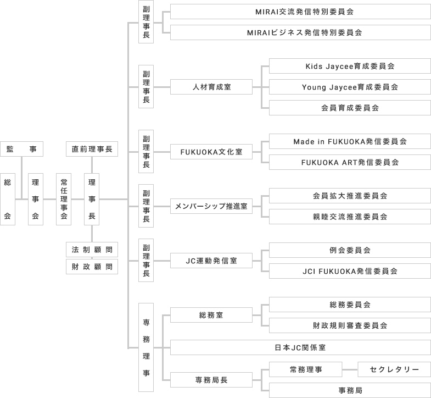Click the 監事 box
22,149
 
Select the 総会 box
8,199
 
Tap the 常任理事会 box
64,199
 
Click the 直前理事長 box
92,149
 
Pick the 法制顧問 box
92,250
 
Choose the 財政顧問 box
92,267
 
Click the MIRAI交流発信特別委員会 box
300,12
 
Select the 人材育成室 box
211,87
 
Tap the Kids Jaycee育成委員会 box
350,66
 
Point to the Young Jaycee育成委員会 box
350,87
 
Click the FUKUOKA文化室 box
211,151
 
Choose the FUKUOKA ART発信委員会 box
350,162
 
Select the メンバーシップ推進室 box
211,206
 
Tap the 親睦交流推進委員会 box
350,217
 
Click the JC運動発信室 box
211,261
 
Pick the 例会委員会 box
350,250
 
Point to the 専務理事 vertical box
146,347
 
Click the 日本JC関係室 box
300,347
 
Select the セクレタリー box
394,369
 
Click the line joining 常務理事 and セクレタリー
350,369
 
